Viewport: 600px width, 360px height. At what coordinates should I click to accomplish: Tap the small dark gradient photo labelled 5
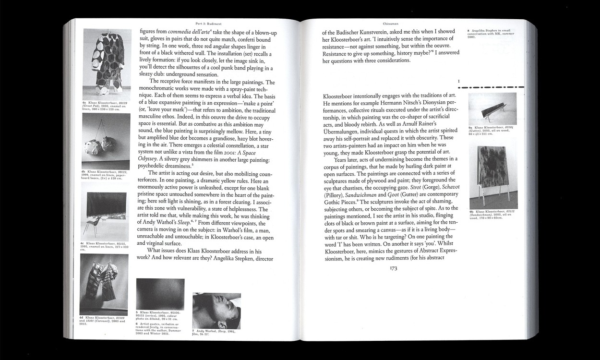[x=160, y=291]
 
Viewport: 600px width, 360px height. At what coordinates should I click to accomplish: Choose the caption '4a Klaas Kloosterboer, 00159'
[x=105, y=106]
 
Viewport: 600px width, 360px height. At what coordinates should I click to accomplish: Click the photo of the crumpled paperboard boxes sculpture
[x=106, y=142]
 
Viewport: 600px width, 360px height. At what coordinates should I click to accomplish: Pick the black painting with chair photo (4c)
[x=106, y=212]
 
